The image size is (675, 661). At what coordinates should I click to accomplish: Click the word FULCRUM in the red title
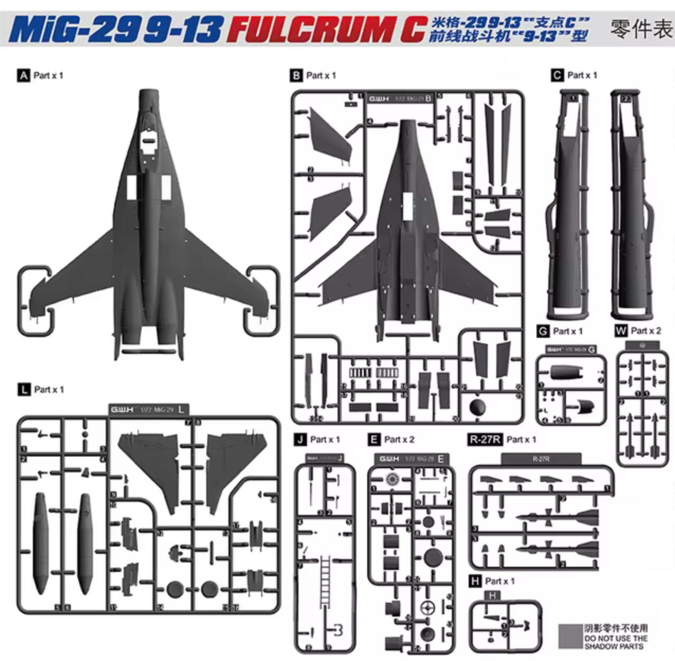tap(312, 30)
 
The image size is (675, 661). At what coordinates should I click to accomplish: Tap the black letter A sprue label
tap(23, 75)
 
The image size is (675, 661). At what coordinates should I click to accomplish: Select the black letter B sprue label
tap(296, 75)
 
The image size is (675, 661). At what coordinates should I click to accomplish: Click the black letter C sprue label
tap(557, 75)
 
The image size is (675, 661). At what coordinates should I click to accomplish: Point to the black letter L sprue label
tap(23, 390)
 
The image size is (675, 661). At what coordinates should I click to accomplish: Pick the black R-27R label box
tap(485, 439)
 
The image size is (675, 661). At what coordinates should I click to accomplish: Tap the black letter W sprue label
tap(621, 331)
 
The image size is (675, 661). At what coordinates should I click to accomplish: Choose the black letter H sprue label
tap(475, 581)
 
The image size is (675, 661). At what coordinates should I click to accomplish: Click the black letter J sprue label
tap(300, 439)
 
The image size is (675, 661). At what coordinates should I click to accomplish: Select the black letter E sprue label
tap(374, 439)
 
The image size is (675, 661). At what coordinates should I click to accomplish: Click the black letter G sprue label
tap(543, 331)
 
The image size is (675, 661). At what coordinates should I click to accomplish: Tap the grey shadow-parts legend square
tap(569, 637)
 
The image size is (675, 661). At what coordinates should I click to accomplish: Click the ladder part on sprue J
tap(325, 580)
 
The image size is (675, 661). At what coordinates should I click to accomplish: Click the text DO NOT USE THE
tap(616, 638)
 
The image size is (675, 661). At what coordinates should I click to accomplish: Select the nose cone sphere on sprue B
tap(478, 407)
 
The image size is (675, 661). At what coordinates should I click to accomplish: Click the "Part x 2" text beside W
tap(646, 331)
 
